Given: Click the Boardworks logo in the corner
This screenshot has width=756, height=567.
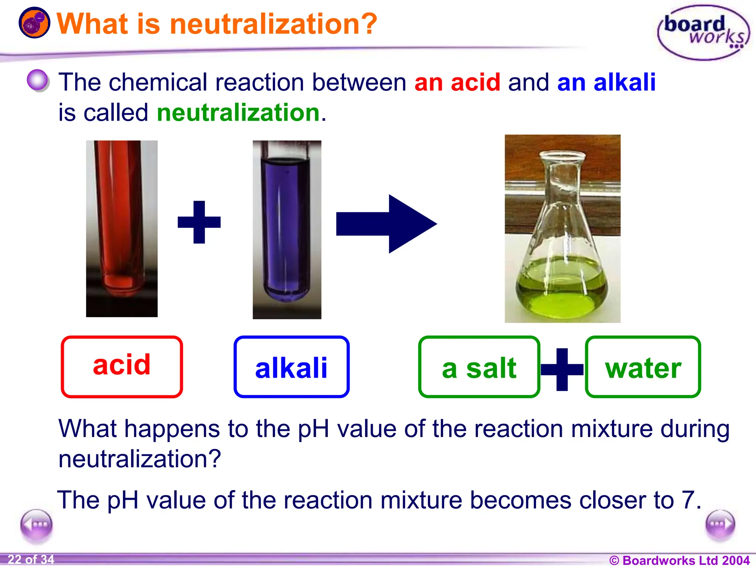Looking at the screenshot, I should click(x=703, y=32).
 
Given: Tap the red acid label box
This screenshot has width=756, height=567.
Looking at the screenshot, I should click(x=122, y=367).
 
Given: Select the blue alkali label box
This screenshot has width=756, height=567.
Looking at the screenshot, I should click(x=291, y=367).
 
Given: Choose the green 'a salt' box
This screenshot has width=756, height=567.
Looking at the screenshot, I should click(x=479, y=367).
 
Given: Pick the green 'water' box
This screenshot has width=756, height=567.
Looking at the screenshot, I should click(x=643, y=367).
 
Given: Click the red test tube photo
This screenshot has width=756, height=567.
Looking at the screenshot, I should click(x=122, y=228).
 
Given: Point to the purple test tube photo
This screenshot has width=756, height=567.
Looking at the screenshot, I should click(x=287, y=230).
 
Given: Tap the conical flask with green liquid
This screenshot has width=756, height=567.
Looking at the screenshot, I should click(x=562, y=228).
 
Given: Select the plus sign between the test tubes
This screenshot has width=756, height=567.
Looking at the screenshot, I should click(x=199, y=222).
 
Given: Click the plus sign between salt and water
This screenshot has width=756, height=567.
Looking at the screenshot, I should click(x=562, y=369).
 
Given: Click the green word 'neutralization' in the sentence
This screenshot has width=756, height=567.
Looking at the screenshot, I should click(x=238, y=113).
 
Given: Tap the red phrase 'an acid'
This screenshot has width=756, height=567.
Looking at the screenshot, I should click(x=457, y=82).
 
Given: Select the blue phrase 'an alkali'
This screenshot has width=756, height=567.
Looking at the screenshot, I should click(x=606, y=82).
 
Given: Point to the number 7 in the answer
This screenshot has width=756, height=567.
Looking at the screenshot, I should click(x=687, y=500).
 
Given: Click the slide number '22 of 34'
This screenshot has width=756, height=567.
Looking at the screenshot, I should click(x=31, y=559).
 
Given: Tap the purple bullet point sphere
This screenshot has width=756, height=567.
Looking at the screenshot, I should click(x=38, y=80).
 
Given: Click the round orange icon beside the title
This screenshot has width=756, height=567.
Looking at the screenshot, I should click(x=34, y=23).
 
